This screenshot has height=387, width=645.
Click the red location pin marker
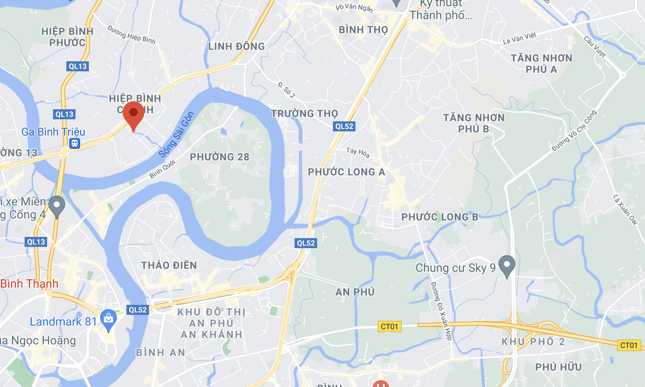click(x=134, y=113)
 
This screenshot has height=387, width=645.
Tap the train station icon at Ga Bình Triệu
click(x=75, y=143)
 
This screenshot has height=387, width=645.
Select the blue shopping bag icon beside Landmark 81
click(x=108, y=319)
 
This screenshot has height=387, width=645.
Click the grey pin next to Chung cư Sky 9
click(x=506, y=265)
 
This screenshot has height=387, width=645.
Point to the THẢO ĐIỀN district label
click(x=169, y=265)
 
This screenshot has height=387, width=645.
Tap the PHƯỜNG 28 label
click(x=219, y=157)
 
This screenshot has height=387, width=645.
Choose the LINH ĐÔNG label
click(x=237, y=46)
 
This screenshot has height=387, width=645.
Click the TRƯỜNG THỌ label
click(x=305, y=113)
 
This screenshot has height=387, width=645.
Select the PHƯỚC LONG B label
click(x=440, y=217)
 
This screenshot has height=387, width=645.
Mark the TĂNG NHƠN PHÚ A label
click(x=542, y=63)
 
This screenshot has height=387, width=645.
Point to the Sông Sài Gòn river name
click(x=176, y=135)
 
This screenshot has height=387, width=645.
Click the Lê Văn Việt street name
click(x=519, y=39)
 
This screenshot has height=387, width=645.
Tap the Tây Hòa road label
click(x=358, y=153)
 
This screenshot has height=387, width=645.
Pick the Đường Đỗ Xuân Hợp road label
click(x=441, y=311)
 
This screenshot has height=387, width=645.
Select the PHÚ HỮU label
click(x=558, y=367)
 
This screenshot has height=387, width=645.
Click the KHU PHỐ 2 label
click(x=533, y=342)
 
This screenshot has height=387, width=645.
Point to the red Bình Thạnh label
click(x=29, y=284)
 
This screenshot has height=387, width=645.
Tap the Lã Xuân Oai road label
click(x=625, y=209)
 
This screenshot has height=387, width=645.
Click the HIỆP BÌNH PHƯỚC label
click(x=67, y=37)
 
